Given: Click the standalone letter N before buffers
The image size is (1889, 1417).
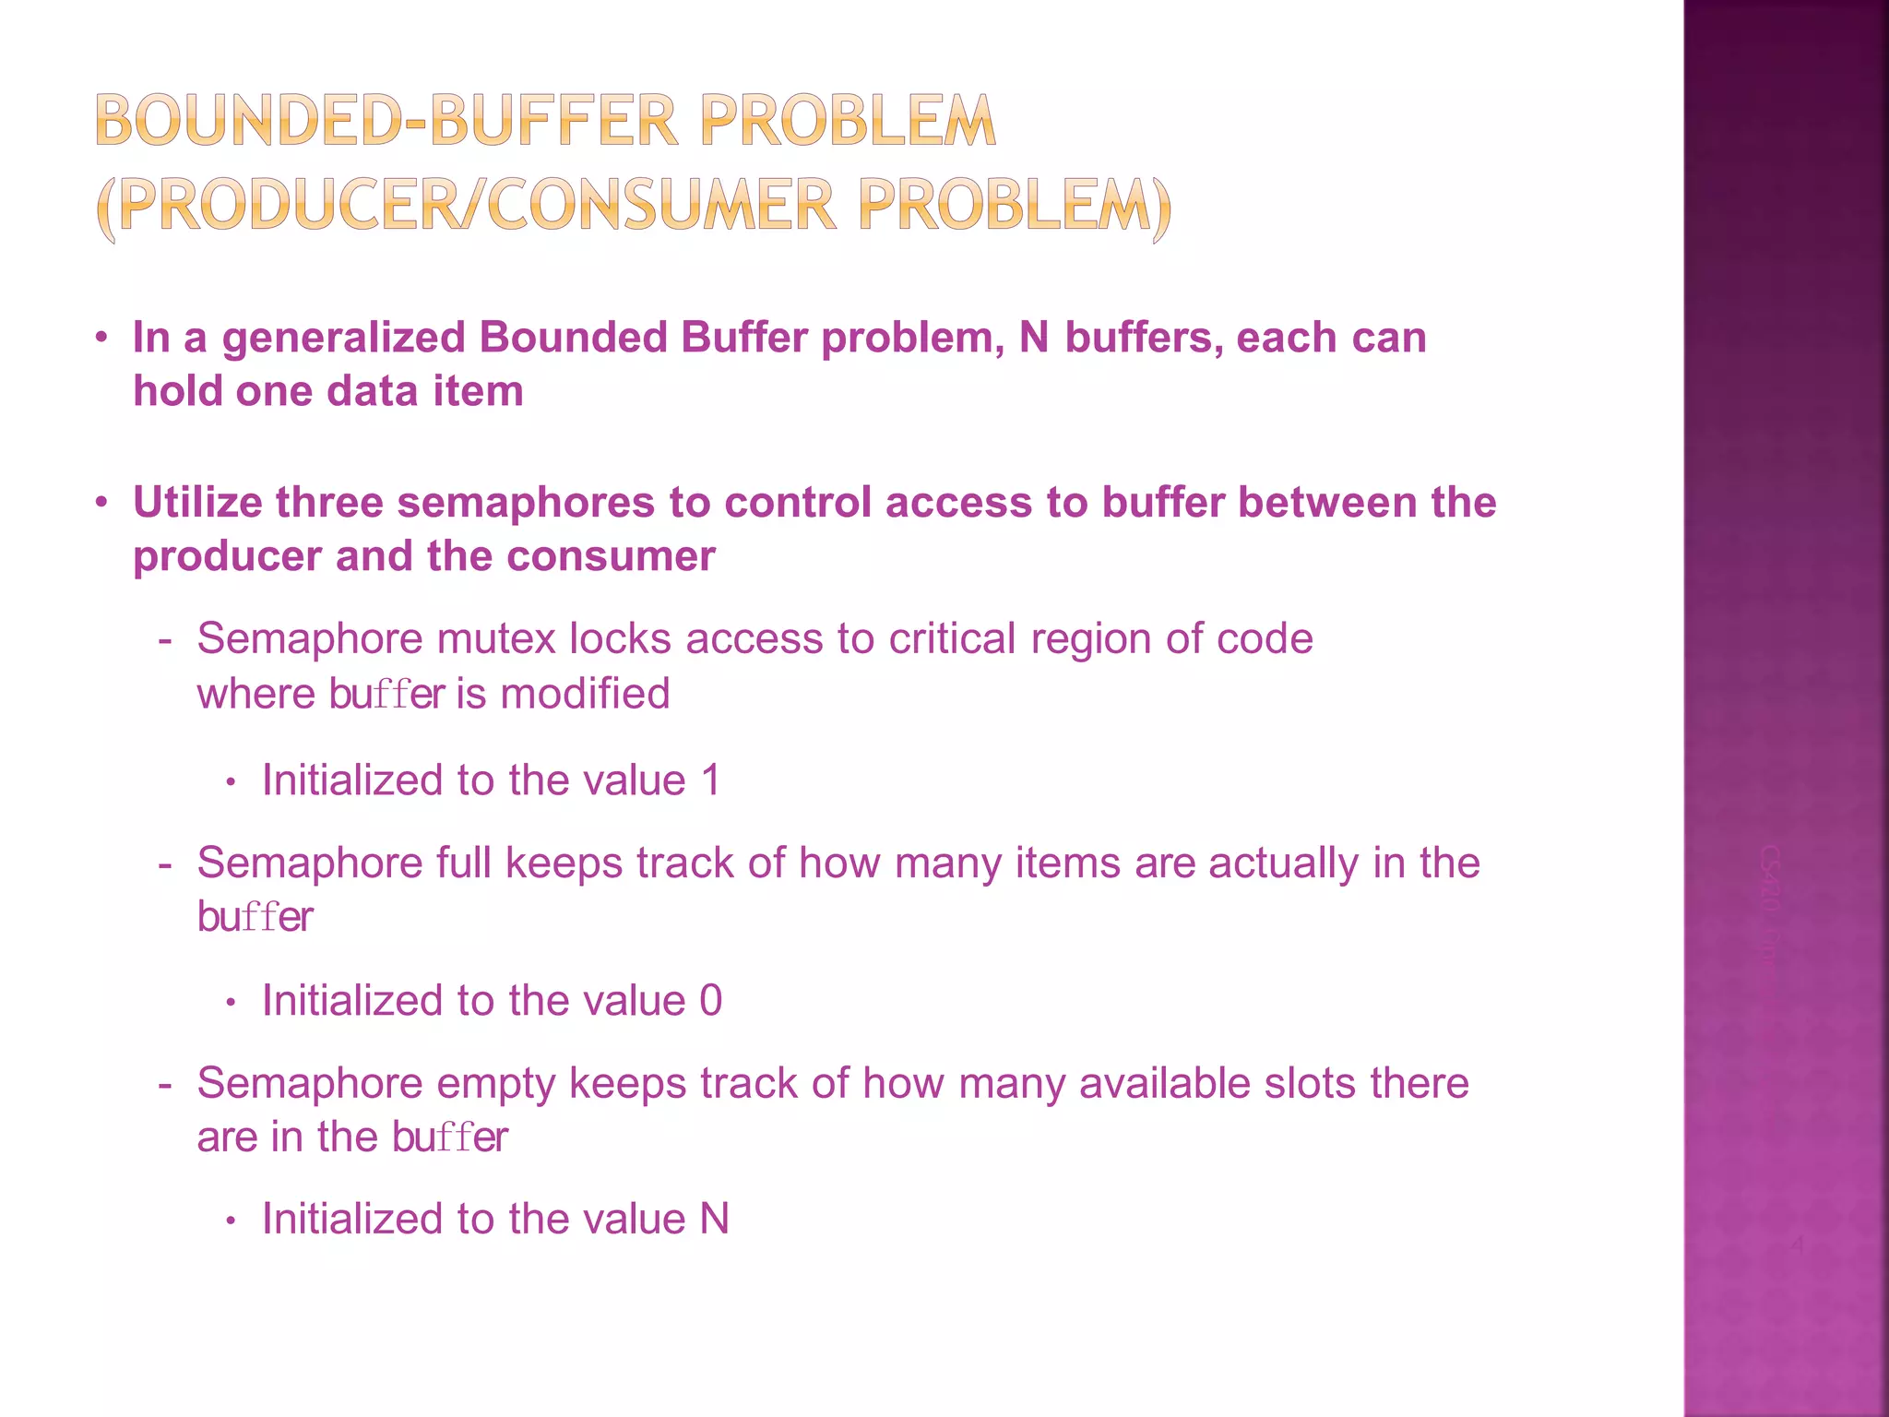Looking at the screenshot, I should pyautogui.click(x=1034, y=338).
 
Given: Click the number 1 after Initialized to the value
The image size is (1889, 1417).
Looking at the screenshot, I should pyautogui.click(x=710, y=780).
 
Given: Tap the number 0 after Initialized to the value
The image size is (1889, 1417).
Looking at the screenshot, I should pyautogui.click(x=710, y=1001).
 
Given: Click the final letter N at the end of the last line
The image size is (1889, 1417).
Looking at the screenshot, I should pyautogui.click(x=715, y=1220).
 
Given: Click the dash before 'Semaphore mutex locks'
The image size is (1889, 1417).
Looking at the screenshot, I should pyautogui.click(x=165, y=639).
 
